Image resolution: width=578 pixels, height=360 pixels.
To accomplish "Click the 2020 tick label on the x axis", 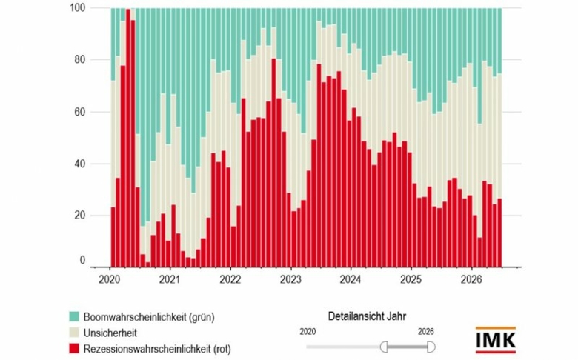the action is (109, 280).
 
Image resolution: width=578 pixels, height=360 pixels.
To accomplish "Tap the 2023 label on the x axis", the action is (290, 280).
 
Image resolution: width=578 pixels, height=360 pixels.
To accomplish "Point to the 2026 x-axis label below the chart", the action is (471, 280).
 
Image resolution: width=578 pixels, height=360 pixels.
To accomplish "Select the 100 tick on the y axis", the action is (77, 7).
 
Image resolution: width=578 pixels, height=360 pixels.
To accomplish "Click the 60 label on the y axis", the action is (80, 112).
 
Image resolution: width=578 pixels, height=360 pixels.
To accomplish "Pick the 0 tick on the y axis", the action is (82, 260).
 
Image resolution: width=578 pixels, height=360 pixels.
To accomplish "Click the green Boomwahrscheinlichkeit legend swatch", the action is (74, 316).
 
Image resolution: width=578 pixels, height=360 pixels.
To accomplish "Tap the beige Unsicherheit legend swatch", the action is (74, 333).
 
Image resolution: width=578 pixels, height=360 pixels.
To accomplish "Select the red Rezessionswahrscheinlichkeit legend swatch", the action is (74, 349).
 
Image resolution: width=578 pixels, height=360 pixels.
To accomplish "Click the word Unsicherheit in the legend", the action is (110, 333).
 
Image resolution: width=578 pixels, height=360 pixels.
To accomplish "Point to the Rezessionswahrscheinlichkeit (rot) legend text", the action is (157, 349).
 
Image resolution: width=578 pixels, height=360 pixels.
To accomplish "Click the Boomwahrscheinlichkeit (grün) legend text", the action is (149, 317).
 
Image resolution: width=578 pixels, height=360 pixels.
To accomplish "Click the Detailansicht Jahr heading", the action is (367, 316).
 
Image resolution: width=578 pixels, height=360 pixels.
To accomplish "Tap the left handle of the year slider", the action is (384, 347).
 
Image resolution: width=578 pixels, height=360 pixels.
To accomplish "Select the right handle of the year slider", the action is (431, 347).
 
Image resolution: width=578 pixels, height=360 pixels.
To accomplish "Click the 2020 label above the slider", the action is (308, 332).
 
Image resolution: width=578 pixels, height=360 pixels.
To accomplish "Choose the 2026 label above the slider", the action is (426, 332).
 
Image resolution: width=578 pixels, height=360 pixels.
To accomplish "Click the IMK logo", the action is (496, 340).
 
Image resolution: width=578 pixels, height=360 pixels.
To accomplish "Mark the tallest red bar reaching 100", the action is (128, 138).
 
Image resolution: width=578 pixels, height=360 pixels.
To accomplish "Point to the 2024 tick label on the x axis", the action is (351, 280).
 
